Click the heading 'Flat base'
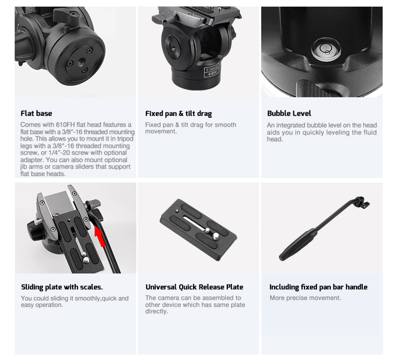coord(36,113)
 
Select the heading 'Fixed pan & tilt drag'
coord(179,114)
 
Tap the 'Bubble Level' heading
coord(289,113)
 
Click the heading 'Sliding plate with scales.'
coord(62,287)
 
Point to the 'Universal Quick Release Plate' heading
coord(195,287)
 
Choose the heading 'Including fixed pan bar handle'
coord(318,287)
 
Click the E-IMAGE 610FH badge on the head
coord(211,70)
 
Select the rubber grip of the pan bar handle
coord(298,244)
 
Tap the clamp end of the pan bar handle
coord(362,202)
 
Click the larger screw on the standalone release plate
coord(216,237)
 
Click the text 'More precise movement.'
coord(305,298)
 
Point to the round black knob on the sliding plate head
coord(35,230)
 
